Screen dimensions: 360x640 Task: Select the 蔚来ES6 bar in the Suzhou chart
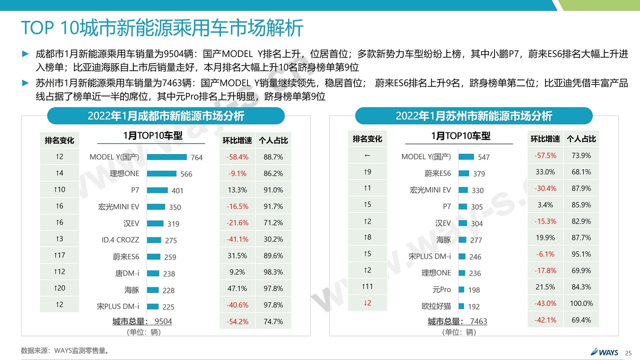pyautogui.click(x=463, y=173)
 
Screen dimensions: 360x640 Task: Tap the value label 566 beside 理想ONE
pyautogui.click(x=186, y=174)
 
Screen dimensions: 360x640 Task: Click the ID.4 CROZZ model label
pyautogui.click(x=120, y=240)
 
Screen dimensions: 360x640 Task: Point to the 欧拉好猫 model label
pyautogui.click(x=436, y=306)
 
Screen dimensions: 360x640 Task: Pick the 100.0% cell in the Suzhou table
pyautogui.click(x=581, y=303)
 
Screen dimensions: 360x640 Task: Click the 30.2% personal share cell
pyautogui.click(x=273, y=239)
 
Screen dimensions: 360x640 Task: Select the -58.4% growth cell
pyautogui.click(x=237, y=157)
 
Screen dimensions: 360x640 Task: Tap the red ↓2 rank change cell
pyautogui.click(x=367, y=303)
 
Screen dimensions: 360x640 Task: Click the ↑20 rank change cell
pyautogui.click(x=59, y=288)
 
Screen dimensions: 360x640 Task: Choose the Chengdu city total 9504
pyautogui.click(x=163, y=321)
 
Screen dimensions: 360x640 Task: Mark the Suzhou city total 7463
pyautogui.click(x=478, y=321)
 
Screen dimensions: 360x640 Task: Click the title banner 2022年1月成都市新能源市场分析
pyautogui.click(x=165, y=116)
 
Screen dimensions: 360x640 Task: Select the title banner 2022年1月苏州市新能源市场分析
pyautogui.click(x=473, y=116)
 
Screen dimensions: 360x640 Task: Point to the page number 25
pyautogui.click(x=628, y=352)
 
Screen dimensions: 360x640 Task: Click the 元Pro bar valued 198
pyautogui.click(x=461, y=289)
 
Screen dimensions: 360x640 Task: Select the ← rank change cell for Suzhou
pyautogui.click(x=367, y=156)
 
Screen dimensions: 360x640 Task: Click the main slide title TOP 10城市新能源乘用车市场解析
pyautogui.click(x=162, y=28)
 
